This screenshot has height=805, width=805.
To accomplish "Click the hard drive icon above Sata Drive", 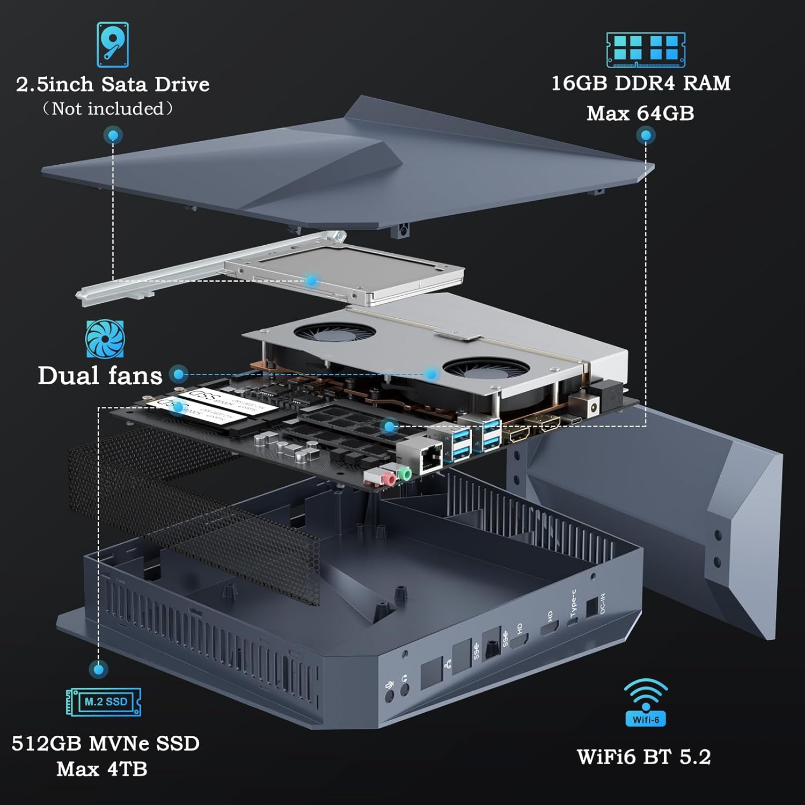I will pyautogui.click(x=113, y=45).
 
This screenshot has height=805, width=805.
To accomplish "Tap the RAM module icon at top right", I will pyautogui.click(x=646, y=49).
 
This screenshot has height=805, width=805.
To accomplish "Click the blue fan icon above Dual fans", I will pyautogui.click(x=105, y=339).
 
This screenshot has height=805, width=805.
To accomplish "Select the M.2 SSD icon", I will pyautogui.click(x=104, y=702).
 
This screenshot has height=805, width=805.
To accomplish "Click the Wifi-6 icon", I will pyautogui.click(x=646, y=702).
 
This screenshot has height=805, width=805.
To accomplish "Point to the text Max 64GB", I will pyautogui.click(x=640, y=113).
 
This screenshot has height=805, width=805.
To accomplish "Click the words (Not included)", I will pyautogui.click(x=108, y=109).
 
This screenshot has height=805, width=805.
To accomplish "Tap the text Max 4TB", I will pyautogui.click(x=102, y=769).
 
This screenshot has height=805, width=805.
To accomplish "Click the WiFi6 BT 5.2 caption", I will pyautogui.click(x=644, y=757).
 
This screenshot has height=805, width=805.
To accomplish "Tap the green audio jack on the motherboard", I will pyautogui.click(x=405, y=473).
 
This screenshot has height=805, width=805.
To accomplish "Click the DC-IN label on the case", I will pyautogui.click(x=602, y=604).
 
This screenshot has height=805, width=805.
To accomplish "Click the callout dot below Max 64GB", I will pyautogui.click(x=646, y=135).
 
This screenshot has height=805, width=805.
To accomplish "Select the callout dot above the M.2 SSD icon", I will pyautogui.click(x=98, y=669).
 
